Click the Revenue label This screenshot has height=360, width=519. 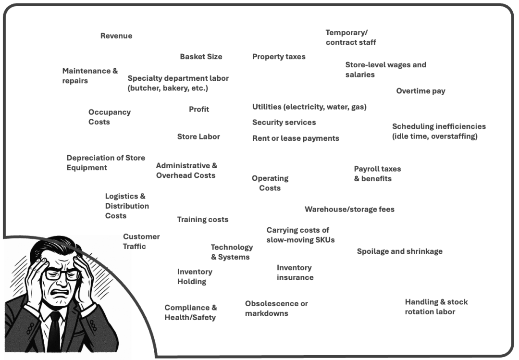pyautogui.click(x=116, y=36)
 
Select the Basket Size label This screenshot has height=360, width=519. pyautogui.click(x=201, y=57)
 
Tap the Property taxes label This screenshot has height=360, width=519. pyautogui.click(x=279, y=57)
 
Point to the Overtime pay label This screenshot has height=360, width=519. pyautogui.click(x=420, y=91)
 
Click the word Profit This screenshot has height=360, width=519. pyautogui.click(x=199, y=110)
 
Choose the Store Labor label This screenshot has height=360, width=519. pyautogui.click(x=198, y=137)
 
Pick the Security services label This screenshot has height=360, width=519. pyautogui.click(x=284, y=123)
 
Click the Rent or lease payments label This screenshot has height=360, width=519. pyautogui.click(x=296, y=138)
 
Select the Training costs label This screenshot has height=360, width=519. pyautogui.click(x=202, y=220)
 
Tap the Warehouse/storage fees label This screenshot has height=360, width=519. pyautogui.click(x=349, y=210)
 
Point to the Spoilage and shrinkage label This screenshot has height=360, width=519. pyautogui.click(x=399, y=251)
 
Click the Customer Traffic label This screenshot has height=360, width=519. pyautogui.click(x=141, y=241)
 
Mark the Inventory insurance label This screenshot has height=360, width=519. pyautogui.click(x=295, y=273)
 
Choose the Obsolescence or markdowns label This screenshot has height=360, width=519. pyautogui.click(x=276, y=309)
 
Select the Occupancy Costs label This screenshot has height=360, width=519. pyautogui.click(x=109, y=117)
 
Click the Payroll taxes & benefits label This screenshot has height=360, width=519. pyautogui.click(x=377, y=174)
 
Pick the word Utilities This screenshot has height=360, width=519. pyautogui.click(x=266, y=107)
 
